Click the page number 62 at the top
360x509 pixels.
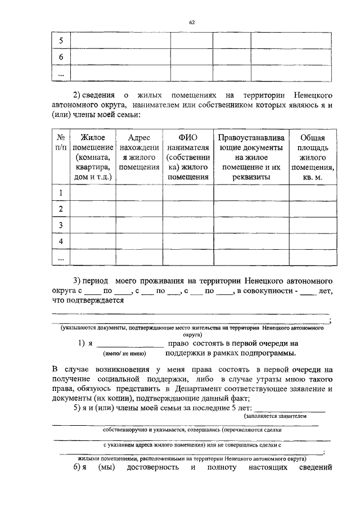point(192,22)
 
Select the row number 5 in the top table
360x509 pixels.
point(61,42)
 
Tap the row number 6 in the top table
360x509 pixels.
point(61,57)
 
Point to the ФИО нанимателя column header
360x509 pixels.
point(186,157)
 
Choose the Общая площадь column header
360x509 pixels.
point(312,157)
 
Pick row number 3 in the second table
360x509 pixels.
point(61,225)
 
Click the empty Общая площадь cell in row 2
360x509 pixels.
point(312,209)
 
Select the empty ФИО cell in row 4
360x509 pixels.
point(186,241)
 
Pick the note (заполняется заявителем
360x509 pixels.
point(276,417)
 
